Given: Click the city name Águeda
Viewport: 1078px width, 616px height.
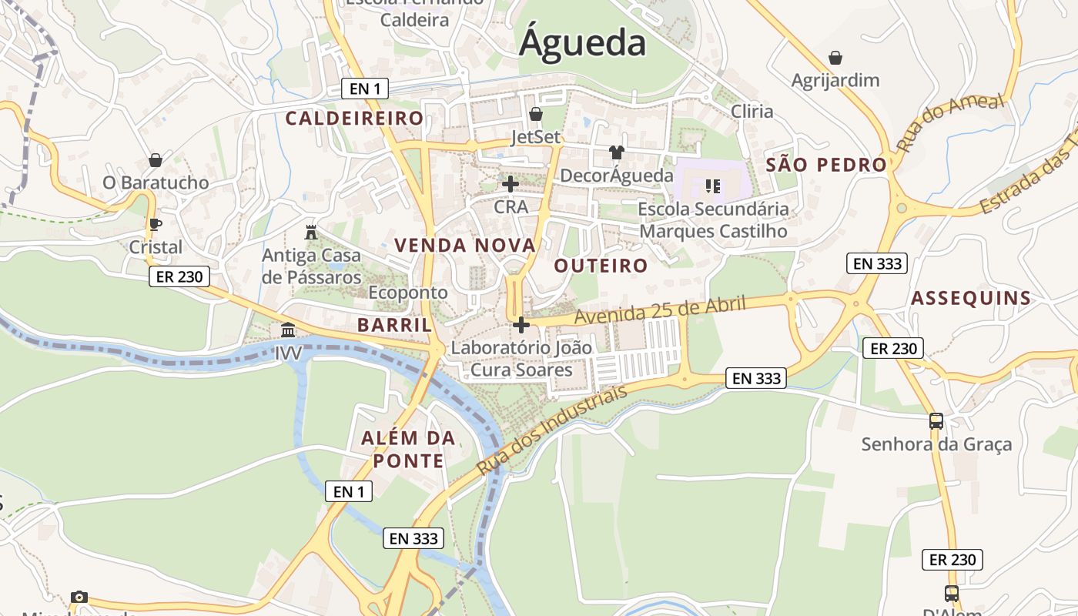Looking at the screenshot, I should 582,42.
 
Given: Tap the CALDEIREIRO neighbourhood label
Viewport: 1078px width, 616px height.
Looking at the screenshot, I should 354,118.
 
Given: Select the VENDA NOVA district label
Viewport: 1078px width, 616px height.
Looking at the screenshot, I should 464,246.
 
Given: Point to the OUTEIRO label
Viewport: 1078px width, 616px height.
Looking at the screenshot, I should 601,266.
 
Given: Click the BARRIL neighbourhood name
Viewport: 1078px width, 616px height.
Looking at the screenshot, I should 394,325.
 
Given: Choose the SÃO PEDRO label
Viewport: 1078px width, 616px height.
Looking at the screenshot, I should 826,165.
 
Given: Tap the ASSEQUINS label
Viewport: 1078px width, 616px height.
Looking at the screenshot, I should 971,299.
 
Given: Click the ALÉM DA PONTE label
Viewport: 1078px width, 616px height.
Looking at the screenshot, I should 408,450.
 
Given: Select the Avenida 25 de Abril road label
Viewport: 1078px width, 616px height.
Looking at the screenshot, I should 660,310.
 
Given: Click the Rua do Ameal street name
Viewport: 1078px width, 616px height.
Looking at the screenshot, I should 951,122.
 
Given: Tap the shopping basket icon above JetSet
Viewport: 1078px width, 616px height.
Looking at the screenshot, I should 536,114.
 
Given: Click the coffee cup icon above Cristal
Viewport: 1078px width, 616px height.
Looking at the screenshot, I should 155,224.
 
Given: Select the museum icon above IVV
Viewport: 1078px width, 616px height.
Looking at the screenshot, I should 288,330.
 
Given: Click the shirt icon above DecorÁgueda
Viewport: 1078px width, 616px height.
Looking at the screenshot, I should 616,152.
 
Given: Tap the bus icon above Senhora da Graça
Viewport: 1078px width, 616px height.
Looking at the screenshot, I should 936,421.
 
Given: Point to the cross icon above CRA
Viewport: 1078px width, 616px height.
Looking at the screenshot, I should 510,184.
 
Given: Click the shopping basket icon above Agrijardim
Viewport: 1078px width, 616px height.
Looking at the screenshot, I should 835,57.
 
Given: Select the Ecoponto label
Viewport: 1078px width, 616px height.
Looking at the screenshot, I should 407,293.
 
